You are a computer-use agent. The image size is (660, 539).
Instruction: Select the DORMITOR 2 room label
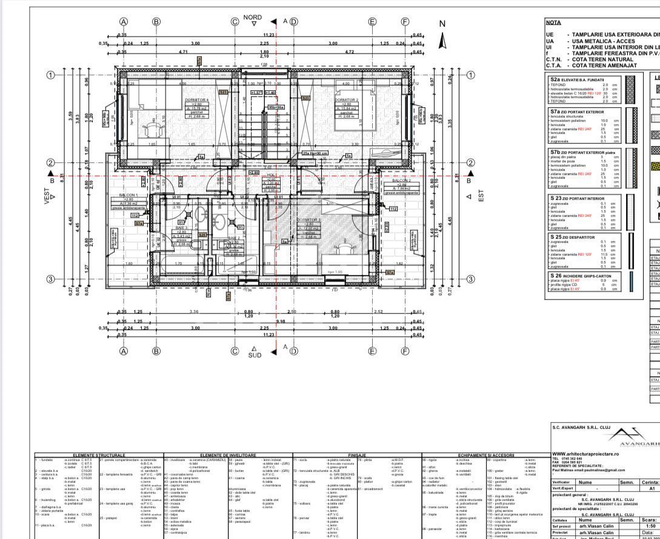click(x=345, y=99)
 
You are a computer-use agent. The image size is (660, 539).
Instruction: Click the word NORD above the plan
click(x=253, y=18)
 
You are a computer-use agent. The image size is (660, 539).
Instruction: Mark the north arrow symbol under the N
click(x=442, y=42)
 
